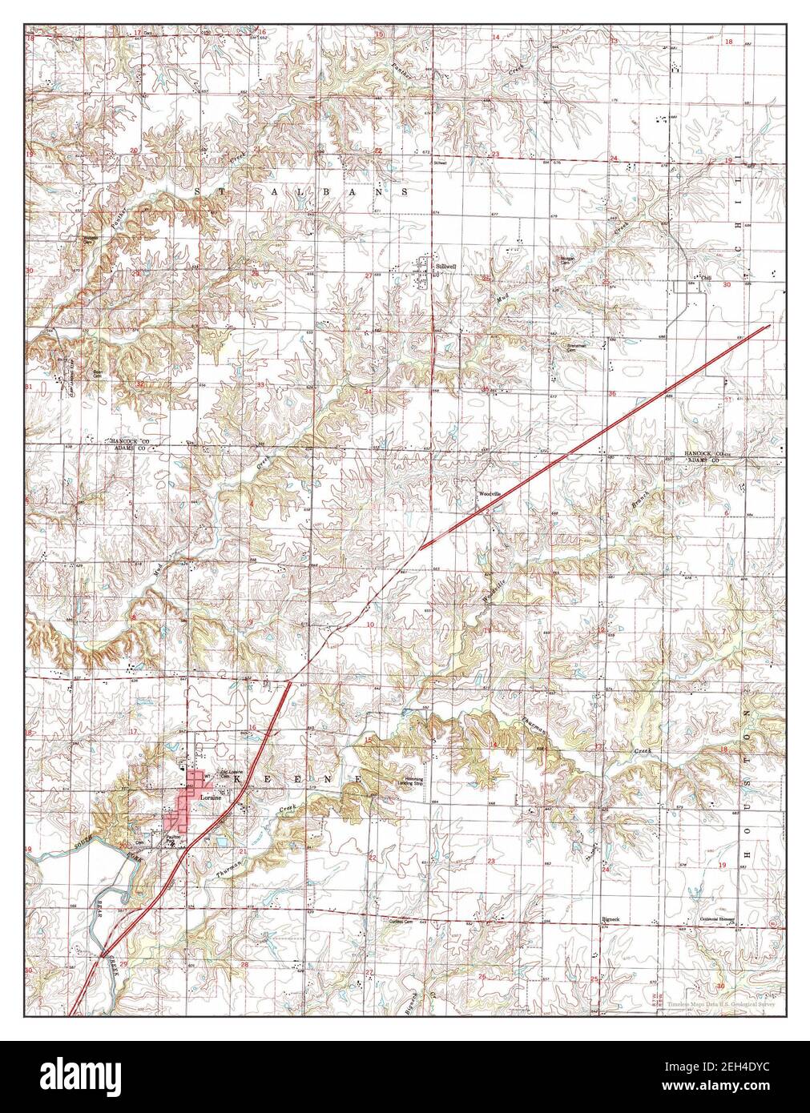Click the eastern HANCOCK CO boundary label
tap(704, 452)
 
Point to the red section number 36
tap(611, 393)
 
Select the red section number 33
tap(260, 385)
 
